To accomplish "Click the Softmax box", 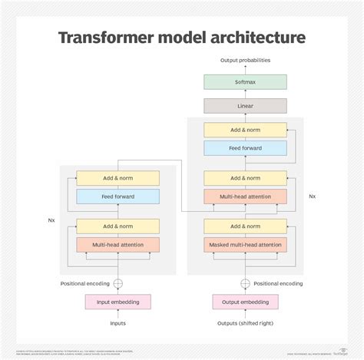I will pyautogui.click(x=245, y=81).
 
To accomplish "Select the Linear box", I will pyautogui.click(x=245, y=106).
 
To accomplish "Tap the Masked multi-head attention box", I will pyautogui.click(x=245, y=245).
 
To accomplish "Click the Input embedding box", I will pyautogui.click(x=117, y=302).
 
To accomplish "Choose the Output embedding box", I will pyautogui.click(x=245, y=302).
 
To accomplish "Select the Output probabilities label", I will pyautogui.click(x=245, y=60).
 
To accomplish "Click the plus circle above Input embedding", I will pyautogui.click(x=117, y=283).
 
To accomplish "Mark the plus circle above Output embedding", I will pyautogui.click(x=245, y=283).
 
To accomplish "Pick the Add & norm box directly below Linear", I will pyautogui.click(x=245, y=130).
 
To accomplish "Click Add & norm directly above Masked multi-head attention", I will pyautogui.click(x=245, y=226).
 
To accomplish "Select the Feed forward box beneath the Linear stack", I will pyautogui.click(x=245, y=148).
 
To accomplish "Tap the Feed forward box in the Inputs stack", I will pyautogui.click(x=117, y=197).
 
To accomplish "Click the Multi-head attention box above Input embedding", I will pyautogui.click(x=117, y=245).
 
